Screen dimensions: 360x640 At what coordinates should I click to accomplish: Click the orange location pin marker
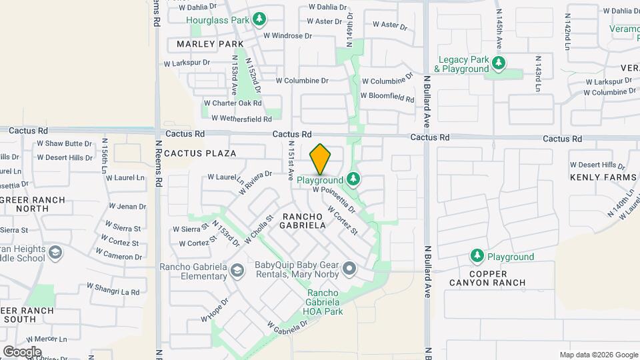pos(321,159)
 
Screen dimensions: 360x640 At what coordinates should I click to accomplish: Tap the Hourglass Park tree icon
pos(259,19)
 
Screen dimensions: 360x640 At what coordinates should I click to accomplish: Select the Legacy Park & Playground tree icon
pos(499,64)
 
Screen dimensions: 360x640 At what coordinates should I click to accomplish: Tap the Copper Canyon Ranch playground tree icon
pos(477,256)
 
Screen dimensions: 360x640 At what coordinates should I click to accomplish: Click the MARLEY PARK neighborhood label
pos(210,44)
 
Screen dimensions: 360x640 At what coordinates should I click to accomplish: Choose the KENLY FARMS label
pos(603,177)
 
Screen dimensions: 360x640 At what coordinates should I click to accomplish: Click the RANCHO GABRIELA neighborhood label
pos(304,221)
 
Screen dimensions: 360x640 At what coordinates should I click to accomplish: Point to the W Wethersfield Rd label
pos(241,119)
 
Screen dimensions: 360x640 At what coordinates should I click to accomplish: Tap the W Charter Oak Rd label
pos(233,103)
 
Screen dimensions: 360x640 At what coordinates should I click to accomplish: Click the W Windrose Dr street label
pos(288,35)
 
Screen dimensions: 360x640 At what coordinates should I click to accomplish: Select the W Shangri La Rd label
pos(113,289)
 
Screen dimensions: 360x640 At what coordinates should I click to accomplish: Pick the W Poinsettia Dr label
pos(335,199)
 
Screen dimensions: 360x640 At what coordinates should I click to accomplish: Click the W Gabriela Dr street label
pos(288,326)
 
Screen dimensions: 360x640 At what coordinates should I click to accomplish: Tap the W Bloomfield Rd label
pos(387,96)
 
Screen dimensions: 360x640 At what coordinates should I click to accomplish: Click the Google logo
pos(22,351)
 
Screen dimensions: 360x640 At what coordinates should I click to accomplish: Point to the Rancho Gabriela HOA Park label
pos(325,302)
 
